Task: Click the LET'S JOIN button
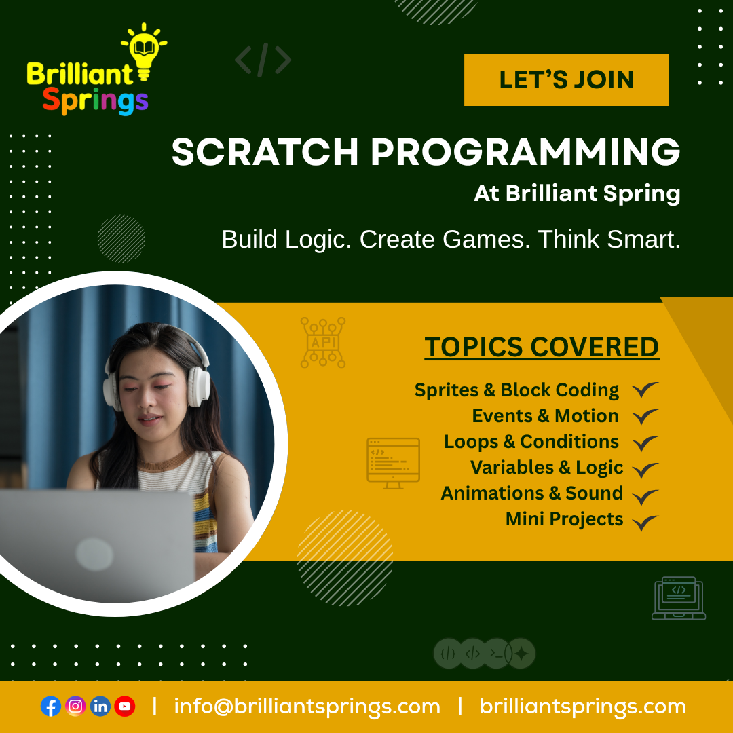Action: tap(566, 80)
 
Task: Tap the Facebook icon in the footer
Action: tap(51, 706)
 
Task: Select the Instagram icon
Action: tap(75, 706)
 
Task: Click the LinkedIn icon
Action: tap(100, 706)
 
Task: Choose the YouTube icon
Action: tap(125, 706)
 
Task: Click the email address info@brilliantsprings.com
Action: tap(307, 707)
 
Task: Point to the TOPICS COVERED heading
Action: tap(542, 347)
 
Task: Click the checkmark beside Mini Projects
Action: tap(645, 522)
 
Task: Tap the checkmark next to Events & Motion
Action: tap(645, 417)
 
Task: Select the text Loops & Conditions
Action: tap(531, 442)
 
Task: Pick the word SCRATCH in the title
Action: tap(265, 152)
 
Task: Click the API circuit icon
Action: tap(323, 342)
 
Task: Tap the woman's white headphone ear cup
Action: tap(198, 386)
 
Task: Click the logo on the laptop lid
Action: tap(94, 555)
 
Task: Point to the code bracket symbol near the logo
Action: tap(263, 60)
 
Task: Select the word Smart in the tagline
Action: tap(643, 240)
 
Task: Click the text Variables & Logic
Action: tap(546, 468)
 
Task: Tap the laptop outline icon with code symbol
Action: tap(679, 599)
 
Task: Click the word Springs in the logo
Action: tap(96, 101)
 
